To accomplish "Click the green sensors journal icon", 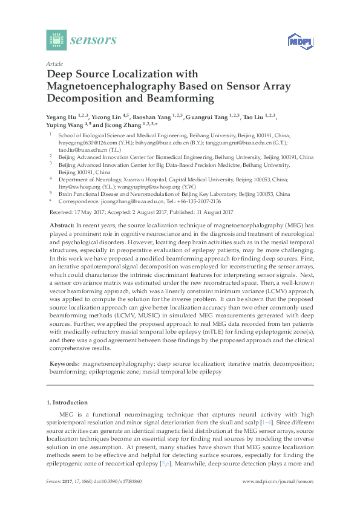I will (56, 40).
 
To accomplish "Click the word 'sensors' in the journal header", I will (94, 41).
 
